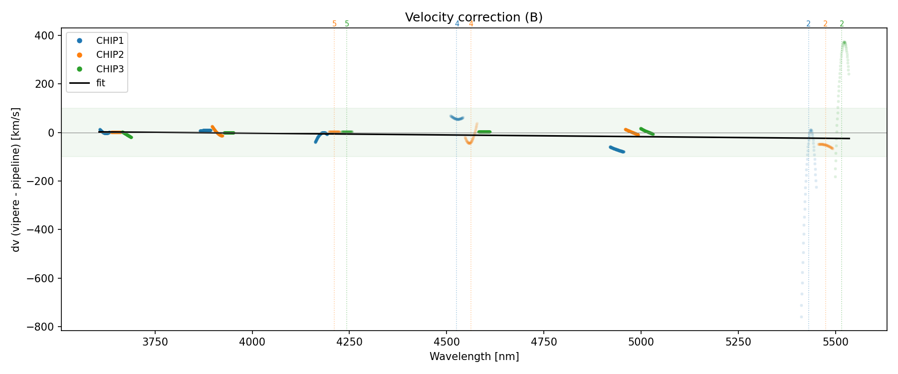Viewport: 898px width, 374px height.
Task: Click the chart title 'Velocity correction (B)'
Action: click(x=473, y=17)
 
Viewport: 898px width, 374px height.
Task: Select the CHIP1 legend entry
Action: click(x=110, y=40)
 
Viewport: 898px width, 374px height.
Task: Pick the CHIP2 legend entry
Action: click(x=110, y=55)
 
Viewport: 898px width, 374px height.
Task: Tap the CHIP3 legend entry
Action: click(x=110, y=69)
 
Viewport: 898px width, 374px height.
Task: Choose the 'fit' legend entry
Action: click(x=101, y=83)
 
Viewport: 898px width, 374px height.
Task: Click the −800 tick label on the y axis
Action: click(x=41, y=327)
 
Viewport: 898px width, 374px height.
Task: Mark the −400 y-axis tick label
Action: click(x=41, y=230)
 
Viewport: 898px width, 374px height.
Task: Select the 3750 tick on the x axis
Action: click(x=155, y=342)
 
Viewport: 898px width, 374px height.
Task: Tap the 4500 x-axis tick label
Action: click(x=447, y=342)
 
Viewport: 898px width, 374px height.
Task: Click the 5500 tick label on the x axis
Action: click(x=835, y=342)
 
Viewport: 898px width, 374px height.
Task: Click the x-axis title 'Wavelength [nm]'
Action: click(x=474, y=357)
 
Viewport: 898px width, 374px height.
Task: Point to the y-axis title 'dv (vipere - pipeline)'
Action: click(x=16, y=180)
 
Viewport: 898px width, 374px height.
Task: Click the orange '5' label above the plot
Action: click(x=334, y=24)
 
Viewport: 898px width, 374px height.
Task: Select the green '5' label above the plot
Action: click(x=347, y=24)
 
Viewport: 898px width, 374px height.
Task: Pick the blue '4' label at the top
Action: click(x=457, y=24)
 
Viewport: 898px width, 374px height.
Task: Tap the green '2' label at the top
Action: click(x=842, y=24)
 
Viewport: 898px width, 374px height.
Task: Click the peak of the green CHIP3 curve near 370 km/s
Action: click(x=844, y=43)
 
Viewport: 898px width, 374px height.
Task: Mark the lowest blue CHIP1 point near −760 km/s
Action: click(x=801, y=317)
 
